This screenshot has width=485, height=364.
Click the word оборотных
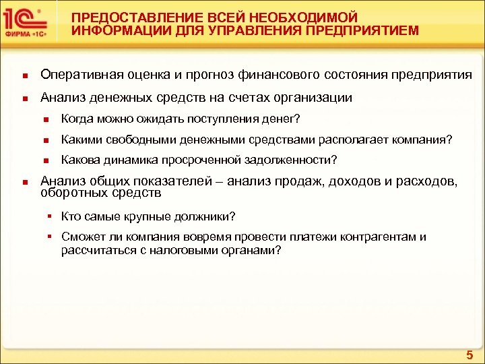69,193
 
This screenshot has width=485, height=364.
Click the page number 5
470,355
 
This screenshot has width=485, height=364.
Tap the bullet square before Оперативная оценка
24,75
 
